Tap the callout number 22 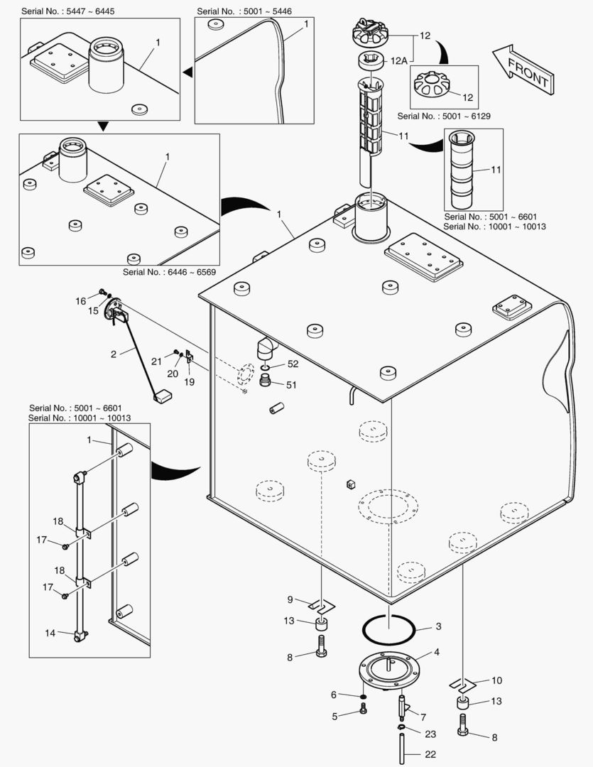430,754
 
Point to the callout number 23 430,734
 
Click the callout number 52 293,364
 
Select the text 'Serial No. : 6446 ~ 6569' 169,272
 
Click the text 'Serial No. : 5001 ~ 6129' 445,115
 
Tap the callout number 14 50,632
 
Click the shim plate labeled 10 462,685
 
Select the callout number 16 80,301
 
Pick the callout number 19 189,381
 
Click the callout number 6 333,695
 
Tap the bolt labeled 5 364,708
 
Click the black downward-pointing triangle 103,126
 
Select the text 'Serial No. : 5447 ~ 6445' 67,12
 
